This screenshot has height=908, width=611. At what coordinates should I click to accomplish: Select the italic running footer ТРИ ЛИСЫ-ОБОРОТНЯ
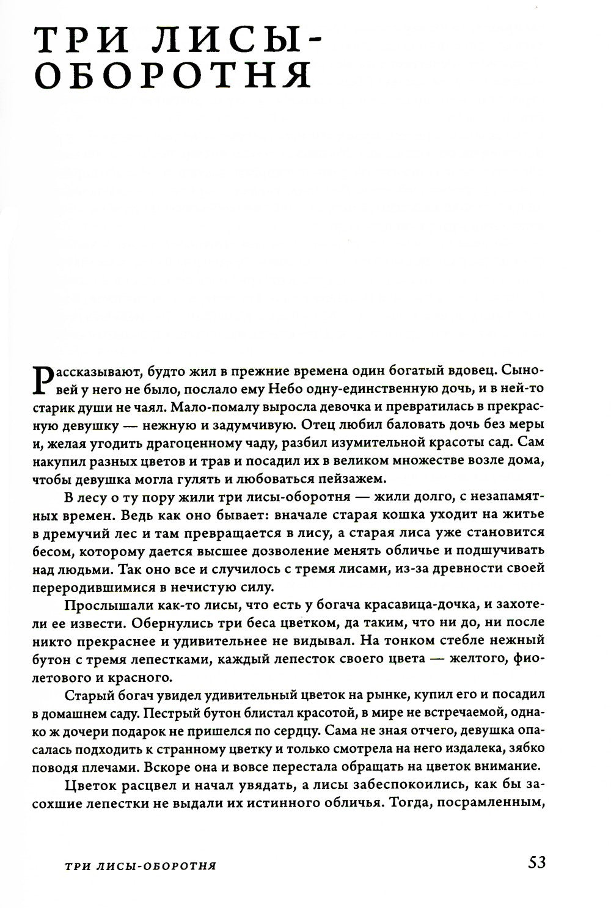click(x=142, y=866)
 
